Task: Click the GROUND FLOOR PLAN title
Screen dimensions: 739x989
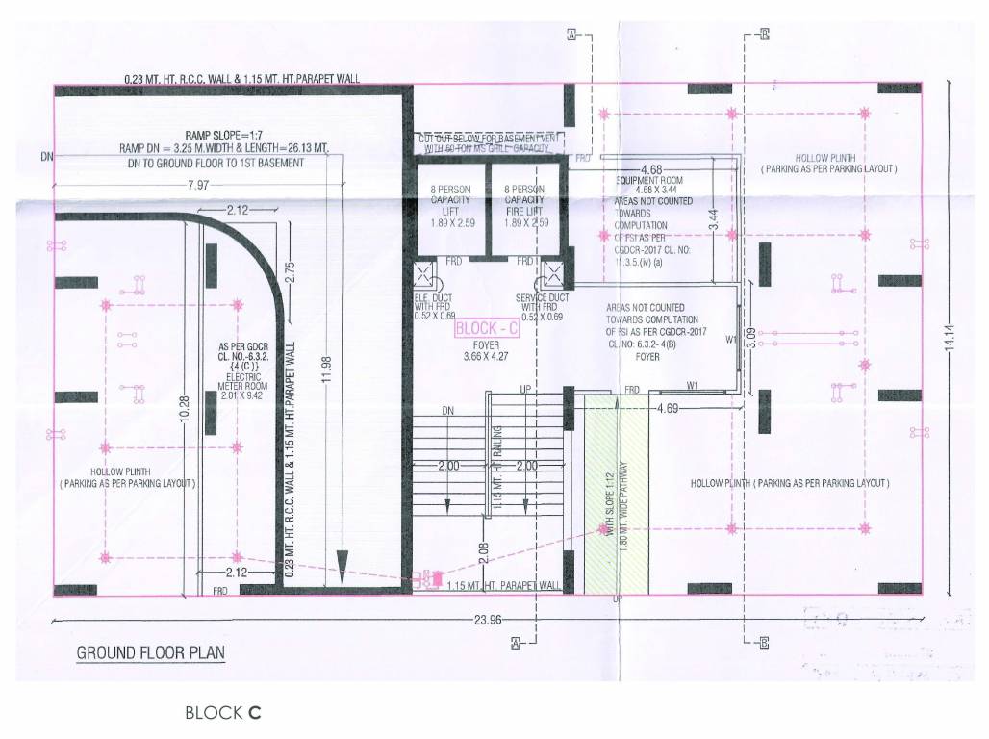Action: (x=150, y=653)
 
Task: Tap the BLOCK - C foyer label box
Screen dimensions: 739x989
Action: (x=486, y=329)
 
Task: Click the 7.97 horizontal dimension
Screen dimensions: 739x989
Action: (x=200, y=184)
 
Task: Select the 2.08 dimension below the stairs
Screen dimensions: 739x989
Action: (x=483, y=550)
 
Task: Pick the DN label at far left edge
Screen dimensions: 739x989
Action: (x=47, y=156)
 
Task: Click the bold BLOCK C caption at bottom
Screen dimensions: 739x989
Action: (x=223, y=713)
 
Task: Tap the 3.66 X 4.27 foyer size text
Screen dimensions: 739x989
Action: (x=487, y=357)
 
